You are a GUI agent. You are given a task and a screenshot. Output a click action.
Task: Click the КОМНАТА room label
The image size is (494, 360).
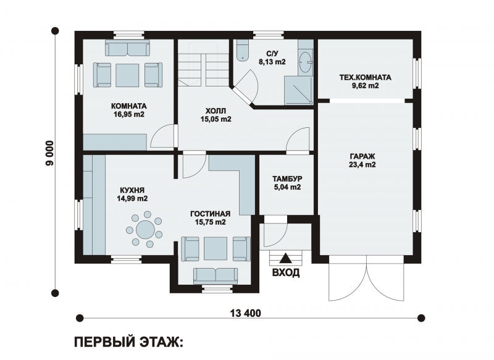coord(129,106)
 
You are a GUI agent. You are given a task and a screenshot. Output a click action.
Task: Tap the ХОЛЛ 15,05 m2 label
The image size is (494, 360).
coord(216,115)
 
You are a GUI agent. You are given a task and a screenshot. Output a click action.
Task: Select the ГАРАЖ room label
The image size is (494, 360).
coord(362,156)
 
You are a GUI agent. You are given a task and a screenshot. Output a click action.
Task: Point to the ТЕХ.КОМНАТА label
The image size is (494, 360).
coord(365,77)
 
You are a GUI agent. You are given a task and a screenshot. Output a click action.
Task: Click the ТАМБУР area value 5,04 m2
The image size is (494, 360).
coord(287,187)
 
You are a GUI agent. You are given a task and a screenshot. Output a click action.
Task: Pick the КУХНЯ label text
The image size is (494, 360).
coord(132,190)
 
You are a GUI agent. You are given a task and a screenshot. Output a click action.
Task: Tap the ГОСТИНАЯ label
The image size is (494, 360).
coord(210,214)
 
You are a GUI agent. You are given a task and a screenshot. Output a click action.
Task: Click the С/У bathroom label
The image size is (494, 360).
coord(272,54)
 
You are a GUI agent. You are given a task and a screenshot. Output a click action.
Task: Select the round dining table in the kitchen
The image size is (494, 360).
coord(146,229)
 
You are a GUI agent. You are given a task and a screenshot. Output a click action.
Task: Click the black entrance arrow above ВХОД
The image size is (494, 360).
coord(286,257)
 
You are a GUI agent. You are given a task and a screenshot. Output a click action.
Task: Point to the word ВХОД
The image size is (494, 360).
coord(286,272)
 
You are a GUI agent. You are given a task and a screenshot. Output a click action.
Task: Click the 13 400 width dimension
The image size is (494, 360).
coord(246,314)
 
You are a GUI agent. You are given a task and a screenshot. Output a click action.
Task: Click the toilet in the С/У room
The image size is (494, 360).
coord(242,51)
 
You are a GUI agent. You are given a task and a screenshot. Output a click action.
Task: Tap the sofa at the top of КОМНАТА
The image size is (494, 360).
coord(127,48)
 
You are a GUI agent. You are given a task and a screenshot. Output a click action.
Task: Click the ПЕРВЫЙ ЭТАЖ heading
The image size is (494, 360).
coord(128,342)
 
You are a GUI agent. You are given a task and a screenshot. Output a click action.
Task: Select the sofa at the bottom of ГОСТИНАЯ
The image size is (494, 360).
coord(216,276)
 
